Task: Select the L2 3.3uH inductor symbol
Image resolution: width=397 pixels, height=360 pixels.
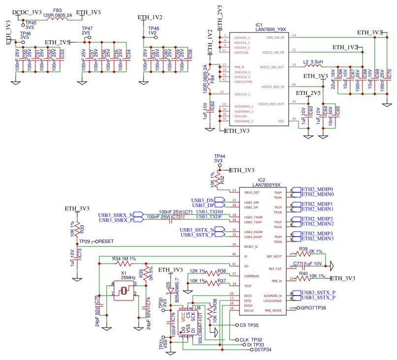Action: [x=313, y=65]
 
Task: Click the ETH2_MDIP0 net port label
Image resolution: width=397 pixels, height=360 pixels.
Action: [x=317, y=189]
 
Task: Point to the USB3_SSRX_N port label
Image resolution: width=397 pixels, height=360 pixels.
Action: [x=115, y=215]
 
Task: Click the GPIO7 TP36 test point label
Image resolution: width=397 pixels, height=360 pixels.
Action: [x=313, y=308]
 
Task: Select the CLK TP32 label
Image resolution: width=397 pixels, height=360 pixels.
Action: [x=250, y=340]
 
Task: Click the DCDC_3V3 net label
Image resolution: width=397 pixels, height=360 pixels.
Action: [x=27, y=12]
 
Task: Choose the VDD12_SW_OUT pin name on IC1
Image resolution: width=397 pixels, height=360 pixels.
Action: [x=273, y=66]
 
